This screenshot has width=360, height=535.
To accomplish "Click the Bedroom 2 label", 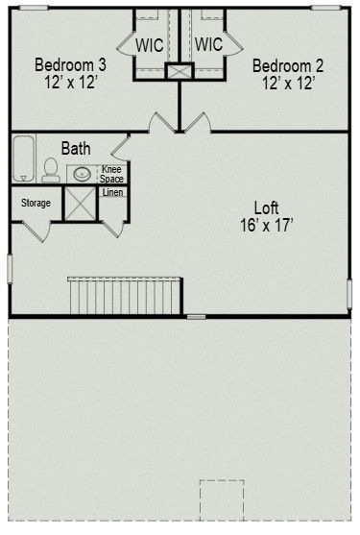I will pos(287,65).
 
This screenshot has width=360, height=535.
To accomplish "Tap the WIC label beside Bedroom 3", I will pos(150,45).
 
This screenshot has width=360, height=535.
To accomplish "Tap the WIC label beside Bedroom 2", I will pos(208,45).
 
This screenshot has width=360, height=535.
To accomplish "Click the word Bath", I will pos(77,149).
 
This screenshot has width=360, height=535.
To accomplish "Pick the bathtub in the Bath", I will pos(23,158).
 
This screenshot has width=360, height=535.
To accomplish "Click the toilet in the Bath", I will pos(50,171).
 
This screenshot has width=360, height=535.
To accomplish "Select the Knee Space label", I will pos(112,175).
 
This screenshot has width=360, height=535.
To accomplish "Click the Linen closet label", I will pos(112,193).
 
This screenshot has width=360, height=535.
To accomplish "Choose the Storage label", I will pos(36,203).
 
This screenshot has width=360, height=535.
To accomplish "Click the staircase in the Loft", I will pos(125,295).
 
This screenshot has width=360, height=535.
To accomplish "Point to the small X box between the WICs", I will pos(179,72).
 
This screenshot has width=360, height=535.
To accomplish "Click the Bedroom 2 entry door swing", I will pos(197,122).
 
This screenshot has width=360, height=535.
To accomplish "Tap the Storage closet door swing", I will pos(36,231).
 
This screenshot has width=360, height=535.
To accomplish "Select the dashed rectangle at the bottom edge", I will pos(222,501).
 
